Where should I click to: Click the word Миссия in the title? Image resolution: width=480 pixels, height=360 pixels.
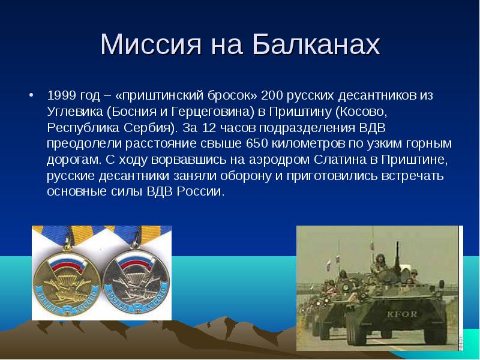click(x=151, y=44)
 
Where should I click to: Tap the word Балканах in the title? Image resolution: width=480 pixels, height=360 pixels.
click(x=316, y=44)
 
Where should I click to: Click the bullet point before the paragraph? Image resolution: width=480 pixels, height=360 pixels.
click(x=31, y=95)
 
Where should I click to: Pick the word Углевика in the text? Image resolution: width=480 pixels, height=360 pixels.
click(x=75, y=112)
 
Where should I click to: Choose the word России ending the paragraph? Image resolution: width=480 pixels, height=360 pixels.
click(x=200, y=191)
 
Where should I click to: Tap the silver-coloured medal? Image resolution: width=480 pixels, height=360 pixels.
click(x=136, y=281)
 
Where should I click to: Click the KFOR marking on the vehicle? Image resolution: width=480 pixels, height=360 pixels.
click(x=401, y=314)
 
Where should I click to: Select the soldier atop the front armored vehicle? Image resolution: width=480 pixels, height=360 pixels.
click(x=380, y=264)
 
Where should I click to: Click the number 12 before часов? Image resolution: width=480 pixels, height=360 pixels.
click(x=209, y=128)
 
